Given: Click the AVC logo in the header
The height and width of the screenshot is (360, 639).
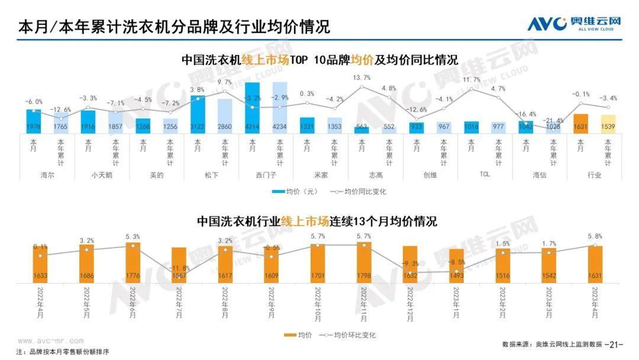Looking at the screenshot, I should tap(574, 24).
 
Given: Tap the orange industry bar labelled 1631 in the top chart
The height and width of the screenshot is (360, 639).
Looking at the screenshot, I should tap(580, 123).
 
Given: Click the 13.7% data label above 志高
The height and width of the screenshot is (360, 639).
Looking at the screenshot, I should tap(362, 78).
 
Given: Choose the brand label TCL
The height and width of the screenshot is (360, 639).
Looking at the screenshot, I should tap(484, 175).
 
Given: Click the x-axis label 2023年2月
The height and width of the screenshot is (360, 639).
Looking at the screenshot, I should tap(502, 301).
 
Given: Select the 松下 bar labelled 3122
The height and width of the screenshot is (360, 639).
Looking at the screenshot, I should tap(198, 114).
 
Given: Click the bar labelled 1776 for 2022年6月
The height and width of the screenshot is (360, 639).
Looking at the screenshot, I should tap(133, 263).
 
